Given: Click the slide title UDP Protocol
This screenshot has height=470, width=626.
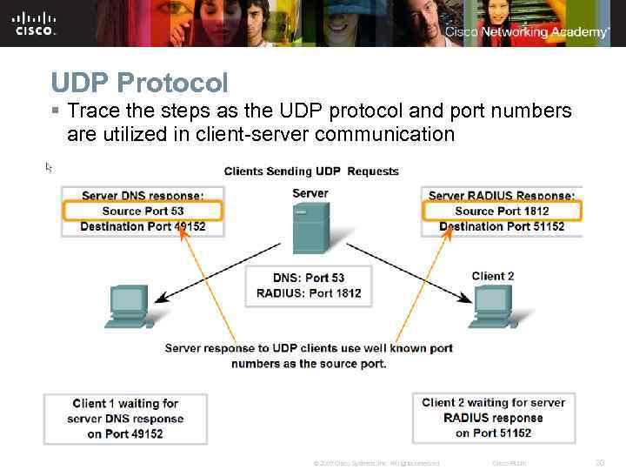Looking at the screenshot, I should pyautogui.click(x=139, y=83).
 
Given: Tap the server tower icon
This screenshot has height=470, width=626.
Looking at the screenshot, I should pyautogui.click(x=310, y=227).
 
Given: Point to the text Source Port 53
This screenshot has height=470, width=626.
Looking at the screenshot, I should pyautogui.click(x=143, y=211).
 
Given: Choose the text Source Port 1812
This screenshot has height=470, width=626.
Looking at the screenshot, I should pyautogui.click(x=502, y=211).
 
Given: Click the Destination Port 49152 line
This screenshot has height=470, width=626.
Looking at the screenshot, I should pyautogui.click(x=143, y=226).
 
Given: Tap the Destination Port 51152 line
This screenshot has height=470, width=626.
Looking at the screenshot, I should pyautogui.click(x=502, y=226).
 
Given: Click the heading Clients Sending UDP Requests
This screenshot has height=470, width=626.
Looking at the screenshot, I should pyautogui.click(x=311, y=171).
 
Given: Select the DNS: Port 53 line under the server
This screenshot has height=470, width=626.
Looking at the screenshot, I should pyautogui.click(x=309, y=278).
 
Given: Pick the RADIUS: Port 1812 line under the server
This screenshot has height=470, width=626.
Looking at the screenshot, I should pyautogui.click(x=309, y=293).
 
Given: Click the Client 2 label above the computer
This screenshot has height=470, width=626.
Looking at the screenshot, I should pyautogui.click(x=493, y=276).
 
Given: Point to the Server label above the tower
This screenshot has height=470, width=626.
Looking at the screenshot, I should pyautogui.click(x=310, y=193).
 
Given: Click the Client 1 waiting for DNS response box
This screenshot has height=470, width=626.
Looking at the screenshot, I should pyautogui.click(x=125, y=419).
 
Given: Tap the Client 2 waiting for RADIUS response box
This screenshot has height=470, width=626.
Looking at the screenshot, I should pyautogui.click(x=493, y=418).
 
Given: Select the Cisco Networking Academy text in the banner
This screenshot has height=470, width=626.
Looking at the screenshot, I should pyautogui.click(x=527, y=32).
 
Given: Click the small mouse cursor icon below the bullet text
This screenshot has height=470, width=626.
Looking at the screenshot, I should pyautogui.click(x=50, y=166).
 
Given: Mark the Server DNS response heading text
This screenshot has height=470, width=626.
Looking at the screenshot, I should pyautogui.click(x=143, y=196).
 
